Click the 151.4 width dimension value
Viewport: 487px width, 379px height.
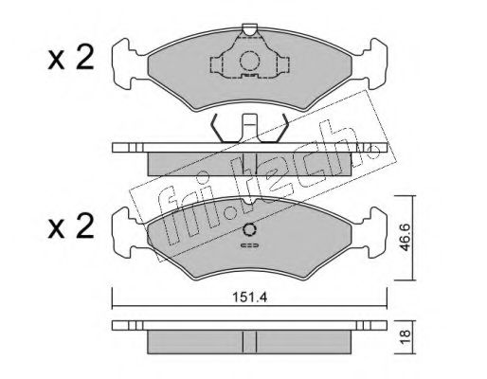point(250,298)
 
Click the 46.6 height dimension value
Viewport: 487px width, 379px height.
point(405,237)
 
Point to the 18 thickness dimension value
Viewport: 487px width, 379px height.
point(405,337)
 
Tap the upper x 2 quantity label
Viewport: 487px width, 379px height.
point(71,57)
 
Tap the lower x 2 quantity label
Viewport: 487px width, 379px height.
point(71,226)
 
